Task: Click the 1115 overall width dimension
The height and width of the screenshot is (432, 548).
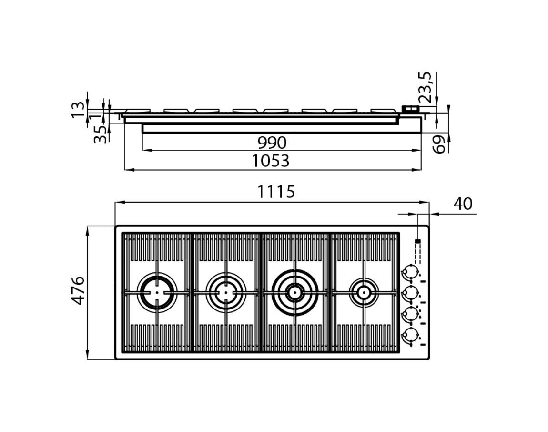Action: coord(276,192)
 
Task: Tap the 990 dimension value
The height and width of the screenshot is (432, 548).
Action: coord(272,143)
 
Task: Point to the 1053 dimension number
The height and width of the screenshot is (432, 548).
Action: coord(271,161)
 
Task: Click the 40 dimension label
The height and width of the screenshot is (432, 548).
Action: coord(463,204)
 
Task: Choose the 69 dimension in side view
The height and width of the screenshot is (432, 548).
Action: coord(439,144)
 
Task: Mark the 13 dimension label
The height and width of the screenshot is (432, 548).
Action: coord(78,110)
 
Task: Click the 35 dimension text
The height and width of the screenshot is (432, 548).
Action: coord(101,134)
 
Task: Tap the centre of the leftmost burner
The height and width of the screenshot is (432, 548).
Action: coord(157,292)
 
